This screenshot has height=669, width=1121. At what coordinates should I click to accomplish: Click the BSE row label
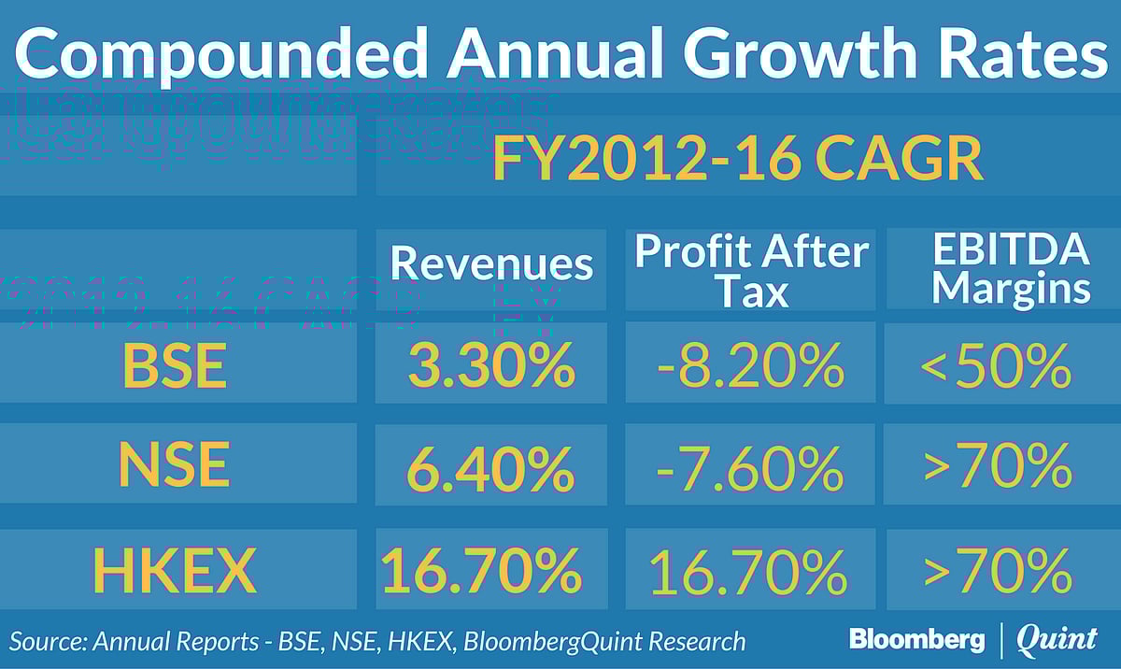(x=176, y=366)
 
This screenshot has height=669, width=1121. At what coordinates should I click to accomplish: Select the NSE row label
(x=176, y=465)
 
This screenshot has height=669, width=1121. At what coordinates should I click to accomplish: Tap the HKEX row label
(x=176, y=570)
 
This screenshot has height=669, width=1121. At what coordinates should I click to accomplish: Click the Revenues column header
(x=491, y=264)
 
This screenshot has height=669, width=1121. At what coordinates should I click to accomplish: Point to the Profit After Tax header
(x=751, y=271)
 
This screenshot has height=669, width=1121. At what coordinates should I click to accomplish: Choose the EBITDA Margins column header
(x=1011, y=269)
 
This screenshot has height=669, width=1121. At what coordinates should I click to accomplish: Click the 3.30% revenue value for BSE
(x=491, y=366)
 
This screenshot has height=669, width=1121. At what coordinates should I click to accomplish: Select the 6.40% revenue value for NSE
(x=491, y=467)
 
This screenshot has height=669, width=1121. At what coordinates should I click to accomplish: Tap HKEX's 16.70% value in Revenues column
(x=482, y=570)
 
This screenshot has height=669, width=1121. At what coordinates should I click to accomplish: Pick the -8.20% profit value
(x=751, y=366)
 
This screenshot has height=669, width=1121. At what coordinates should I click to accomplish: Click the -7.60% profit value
(x=751, y=467)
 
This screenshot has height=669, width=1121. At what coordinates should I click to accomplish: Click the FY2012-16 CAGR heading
(x=738, y=161)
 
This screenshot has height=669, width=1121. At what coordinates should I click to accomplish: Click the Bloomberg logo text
(x=916, y=640)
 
